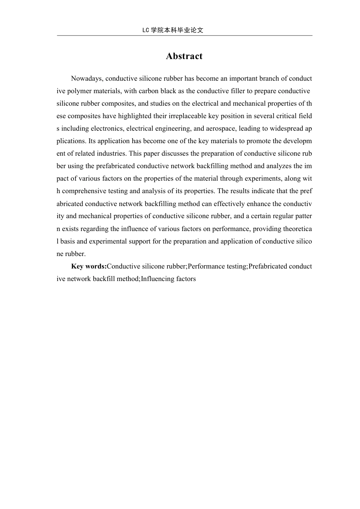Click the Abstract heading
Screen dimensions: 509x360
pyautogui.click(x=184, y=56)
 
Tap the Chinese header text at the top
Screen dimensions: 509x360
pyautogui.click(x=173, y=30)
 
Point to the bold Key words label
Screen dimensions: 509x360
pyautogui.click(x=89, y=266)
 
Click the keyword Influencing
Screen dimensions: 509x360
pyautogui.click(x=157, y=279)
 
